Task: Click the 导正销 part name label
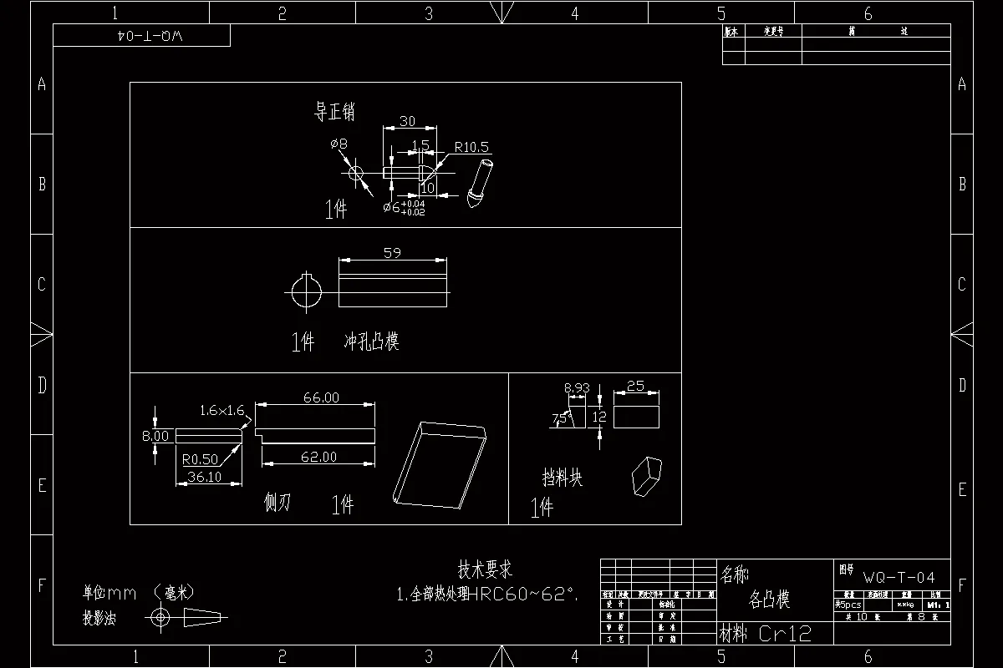click(x=334, y=112)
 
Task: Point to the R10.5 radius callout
click(x=472, y=148)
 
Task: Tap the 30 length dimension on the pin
click(x=407, y=121)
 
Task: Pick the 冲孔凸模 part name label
click(x=372, y=342)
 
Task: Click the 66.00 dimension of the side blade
click(x=321, y=397)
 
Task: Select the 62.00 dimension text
click(x=319, y=457)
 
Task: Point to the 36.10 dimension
click(x=204, y=477)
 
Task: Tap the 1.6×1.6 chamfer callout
click(x=221, y=410)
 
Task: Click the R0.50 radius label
click(x=200, y=459)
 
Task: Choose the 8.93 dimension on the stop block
click(x=577, y=387)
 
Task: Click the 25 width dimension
click(x=635, y=386)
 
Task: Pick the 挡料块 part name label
click(x=562, y=478)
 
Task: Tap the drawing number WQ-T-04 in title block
click(x=899, y=577)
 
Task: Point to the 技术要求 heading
click(x=485, y=570)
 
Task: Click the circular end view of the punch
click(x=306, y=291)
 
